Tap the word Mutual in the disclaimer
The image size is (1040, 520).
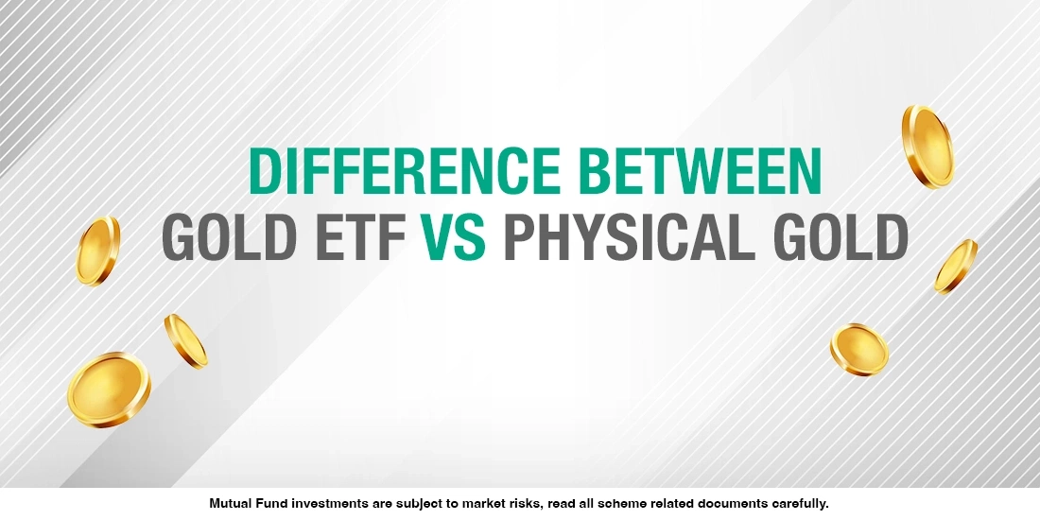232,504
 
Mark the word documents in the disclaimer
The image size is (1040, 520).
736,504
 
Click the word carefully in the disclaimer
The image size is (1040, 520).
800,504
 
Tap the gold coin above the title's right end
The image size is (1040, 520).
927,146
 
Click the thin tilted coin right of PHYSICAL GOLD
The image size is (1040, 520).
956,266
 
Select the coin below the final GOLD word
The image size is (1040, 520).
859,349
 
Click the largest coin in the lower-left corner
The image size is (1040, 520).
108,390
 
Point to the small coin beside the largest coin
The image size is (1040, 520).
185,340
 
